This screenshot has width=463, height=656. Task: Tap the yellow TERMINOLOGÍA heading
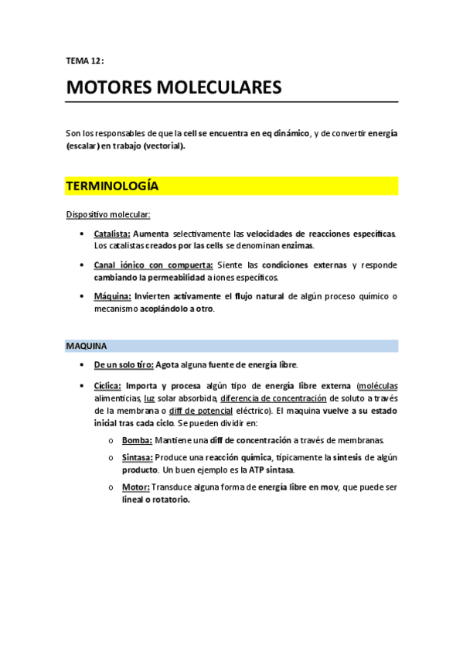(x=112, y=186)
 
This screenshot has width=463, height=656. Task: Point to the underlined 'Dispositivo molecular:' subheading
(x=108, y=214)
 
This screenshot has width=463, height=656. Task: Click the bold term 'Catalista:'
(x=112, y=233)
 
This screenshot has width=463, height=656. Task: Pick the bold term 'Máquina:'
(x=112, y=296)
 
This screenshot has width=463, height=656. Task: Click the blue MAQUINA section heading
(x=87, y=346)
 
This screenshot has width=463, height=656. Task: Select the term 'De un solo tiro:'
(x=124, y=364)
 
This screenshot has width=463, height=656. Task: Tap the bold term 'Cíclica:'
(x=107, y=385)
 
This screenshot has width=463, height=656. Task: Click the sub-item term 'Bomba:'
(x=136, y=439)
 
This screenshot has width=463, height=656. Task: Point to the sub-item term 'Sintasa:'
(x=137, y=457)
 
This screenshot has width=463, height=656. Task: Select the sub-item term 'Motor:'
(x=136, y=487)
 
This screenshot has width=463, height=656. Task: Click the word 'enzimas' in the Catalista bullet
(x=297, y=245)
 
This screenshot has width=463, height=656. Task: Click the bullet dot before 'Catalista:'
(x=83, y=233)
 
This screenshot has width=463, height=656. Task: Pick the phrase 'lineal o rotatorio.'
(x=155, y=500)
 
